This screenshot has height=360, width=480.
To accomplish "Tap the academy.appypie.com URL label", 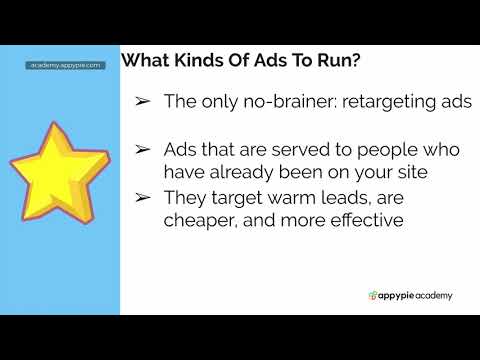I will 66,65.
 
